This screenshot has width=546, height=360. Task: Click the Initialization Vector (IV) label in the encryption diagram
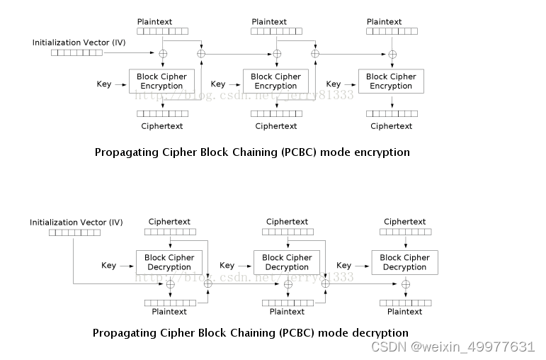click(79, 43)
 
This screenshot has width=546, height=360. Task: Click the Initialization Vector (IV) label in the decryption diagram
click(76, 223)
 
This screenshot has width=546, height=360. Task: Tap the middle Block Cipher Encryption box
click(275, 81)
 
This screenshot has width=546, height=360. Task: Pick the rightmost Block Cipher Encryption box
click(391, 81)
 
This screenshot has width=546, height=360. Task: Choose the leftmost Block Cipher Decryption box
click(169, 262)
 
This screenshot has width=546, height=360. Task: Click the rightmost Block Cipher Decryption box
click(404, 262)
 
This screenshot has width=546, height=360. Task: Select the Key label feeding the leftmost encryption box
click(104, 84)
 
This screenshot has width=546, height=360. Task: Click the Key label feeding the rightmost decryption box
click(344, 265)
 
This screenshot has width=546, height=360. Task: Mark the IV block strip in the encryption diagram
click(76, 53)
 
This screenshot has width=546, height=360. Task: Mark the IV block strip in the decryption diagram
click(74, 232)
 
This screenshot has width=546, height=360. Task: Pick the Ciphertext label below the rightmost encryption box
click(391, 126)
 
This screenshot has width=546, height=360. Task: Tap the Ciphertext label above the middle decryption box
click(287, 222)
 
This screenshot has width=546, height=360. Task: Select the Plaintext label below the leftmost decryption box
click(169, 312)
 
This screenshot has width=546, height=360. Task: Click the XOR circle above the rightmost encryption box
click(392, 54)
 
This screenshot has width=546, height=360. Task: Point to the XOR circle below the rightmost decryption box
click(406, 284)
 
